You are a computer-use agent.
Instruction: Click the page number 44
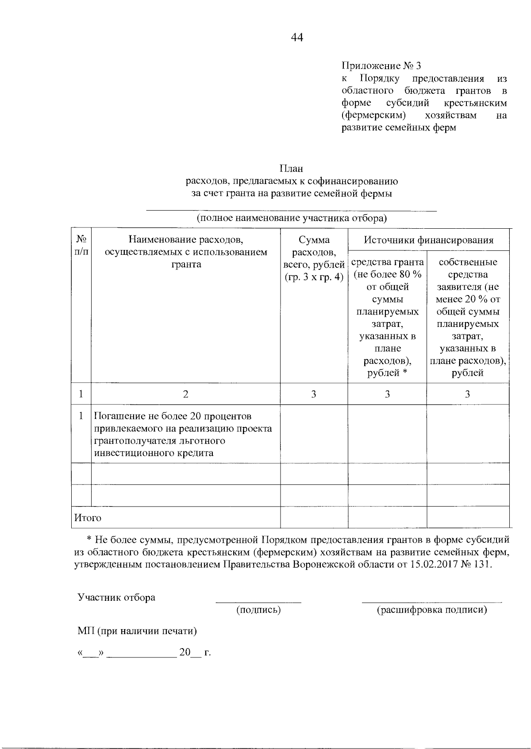(297, 38)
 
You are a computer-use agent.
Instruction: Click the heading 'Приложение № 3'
(381, 66)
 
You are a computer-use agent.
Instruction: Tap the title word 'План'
(291, 169)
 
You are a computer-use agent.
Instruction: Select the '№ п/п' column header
(81, 246)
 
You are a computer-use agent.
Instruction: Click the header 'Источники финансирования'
(428, 240)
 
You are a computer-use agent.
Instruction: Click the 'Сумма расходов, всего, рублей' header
(314, 259)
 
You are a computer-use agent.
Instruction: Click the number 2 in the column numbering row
(185, 394)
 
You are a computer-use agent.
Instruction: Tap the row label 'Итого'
(88, 518)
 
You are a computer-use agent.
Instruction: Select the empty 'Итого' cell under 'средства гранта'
(387, 518)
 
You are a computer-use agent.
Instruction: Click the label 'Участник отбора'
(116, 597)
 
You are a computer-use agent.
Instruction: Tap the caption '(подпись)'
(259, 610)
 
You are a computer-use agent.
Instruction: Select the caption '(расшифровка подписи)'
(431, 610)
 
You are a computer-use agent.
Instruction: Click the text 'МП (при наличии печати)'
(137, 631)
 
